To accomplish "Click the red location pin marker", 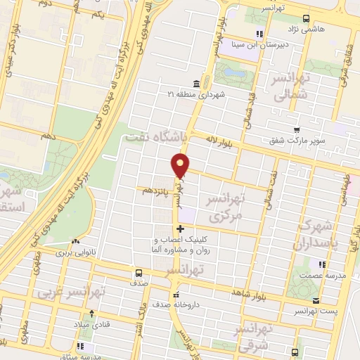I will pos(181,165).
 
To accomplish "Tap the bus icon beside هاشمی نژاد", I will pos(304,18).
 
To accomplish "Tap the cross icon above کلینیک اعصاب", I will pos(181,229).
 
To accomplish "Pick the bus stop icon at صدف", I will pos(139,272).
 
